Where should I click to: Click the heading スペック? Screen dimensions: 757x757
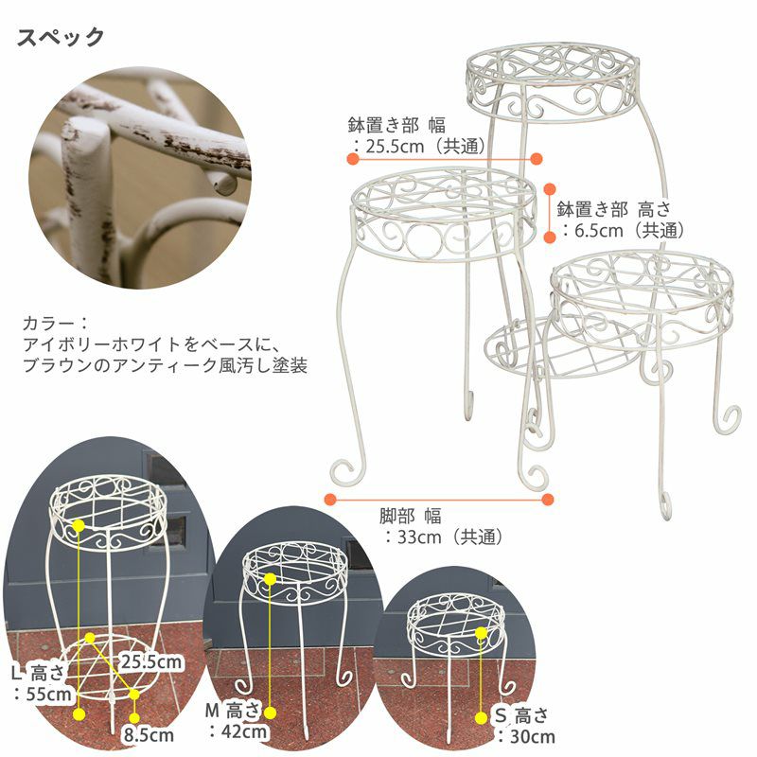point(61,38)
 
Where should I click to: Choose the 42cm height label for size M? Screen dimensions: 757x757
point(238,731)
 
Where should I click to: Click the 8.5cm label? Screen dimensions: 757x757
point(149,735)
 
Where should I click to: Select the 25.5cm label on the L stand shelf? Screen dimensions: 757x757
point(150,661)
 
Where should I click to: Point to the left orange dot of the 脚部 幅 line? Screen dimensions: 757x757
point(330,500)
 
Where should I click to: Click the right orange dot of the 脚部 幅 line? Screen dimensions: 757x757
point(548,500)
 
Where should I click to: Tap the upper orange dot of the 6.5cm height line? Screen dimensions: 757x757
point(550,188)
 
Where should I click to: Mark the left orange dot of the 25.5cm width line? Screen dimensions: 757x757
point(353,158)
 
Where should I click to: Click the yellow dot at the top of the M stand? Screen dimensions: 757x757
point(271,579)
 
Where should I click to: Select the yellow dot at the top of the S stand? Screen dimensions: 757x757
point(481,633)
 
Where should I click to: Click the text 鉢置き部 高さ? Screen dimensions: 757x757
point(614,209)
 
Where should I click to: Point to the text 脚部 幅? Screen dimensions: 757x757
point(411,516)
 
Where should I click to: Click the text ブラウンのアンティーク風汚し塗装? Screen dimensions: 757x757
point(165,365)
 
